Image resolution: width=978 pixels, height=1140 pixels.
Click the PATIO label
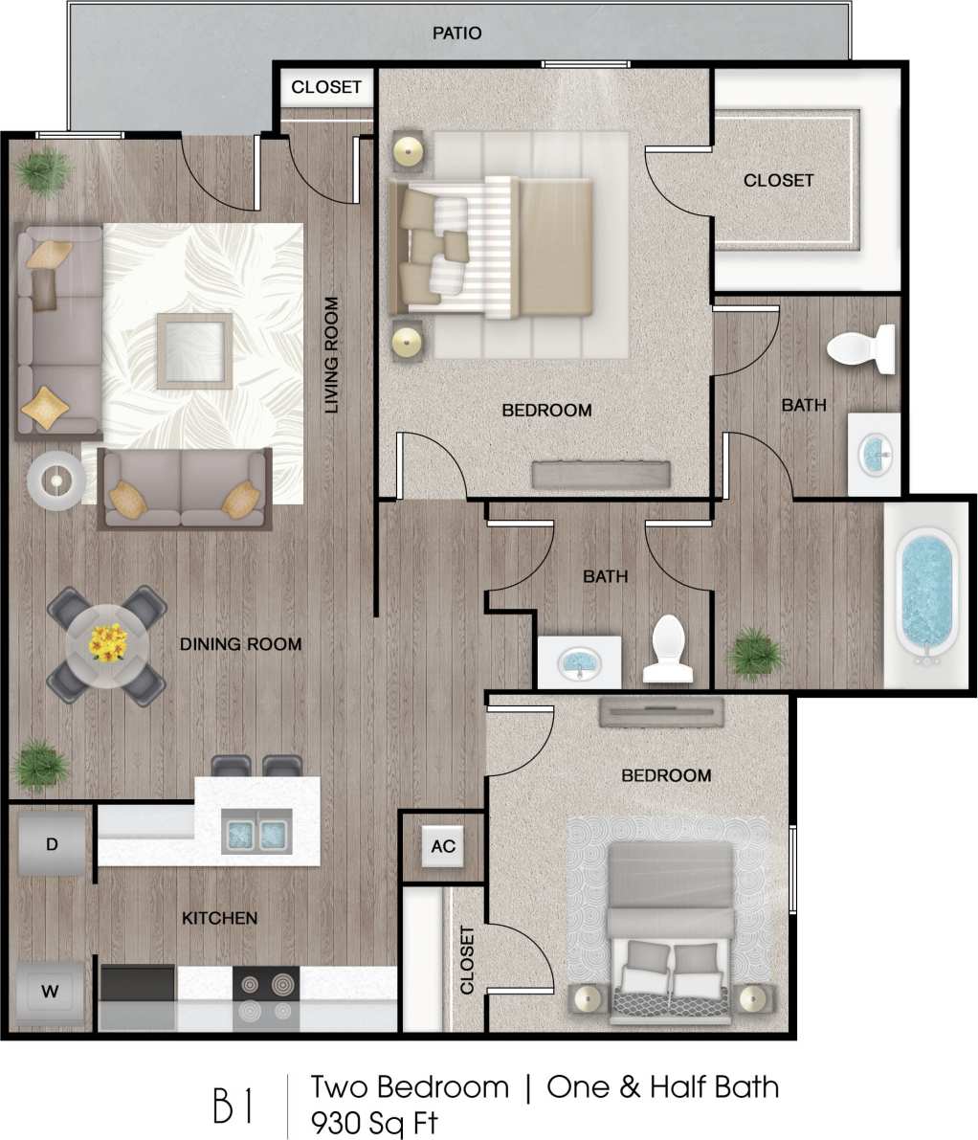click(456, 34)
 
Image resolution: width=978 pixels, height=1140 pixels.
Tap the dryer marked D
click(52, 843)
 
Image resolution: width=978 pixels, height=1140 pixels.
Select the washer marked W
click(51, 992)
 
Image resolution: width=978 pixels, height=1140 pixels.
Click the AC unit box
click(443, 846)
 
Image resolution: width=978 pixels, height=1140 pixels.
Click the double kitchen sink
click(257, 830)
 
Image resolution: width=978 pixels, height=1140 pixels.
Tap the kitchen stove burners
click(266, 996)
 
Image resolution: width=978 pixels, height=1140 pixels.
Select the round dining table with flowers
click(107, 645)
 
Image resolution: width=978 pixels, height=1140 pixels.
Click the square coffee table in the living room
click(195, 349)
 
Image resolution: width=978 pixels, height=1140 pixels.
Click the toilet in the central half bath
click(668, 648)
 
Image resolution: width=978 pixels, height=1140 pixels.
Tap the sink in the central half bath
click(579, 661)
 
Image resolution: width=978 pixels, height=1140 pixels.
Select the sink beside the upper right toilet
click(875, 454)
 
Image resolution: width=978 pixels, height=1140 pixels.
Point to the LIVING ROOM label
click(331, 355)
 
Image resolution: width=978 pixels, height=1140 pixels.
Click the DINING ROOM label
click(240, 644)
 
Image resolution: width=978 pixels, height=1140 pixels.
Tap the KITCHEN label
click(219, 918)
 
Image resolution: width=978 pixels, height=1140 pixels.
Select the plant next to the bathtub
click(755, 654)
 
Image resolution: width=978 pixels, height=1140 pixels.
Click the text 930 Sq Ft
click(374, 1122)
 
